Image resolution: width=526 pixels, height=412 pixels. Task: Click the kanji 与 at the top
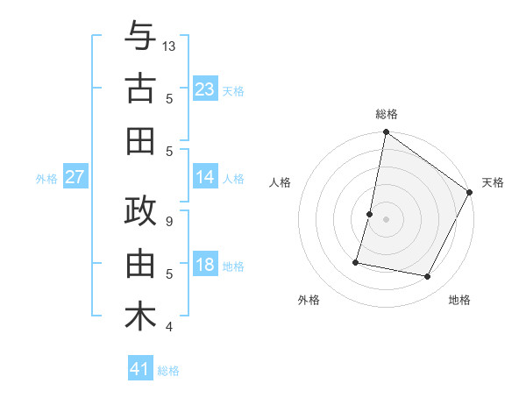[140, 36]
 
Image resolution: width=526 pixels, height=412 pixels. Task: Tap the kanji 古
[140, 89]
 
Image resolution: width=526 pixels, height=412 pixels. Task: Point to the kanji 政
[140, 213]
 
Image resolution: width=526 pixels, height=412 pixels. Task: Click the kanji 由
[140, 265]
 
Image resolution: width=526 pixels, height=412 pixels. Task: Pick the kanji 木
[140, 317]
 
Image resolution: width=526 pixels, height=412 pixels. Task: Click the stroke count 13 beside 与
[169, 46]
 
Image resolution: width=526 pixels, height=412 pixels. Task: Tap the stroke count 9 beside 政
[169, 222]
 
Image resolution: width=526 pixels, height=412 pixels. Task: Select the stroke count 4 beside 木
[169, 327]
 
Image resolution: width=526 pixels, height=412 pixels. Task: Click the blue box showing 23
[204, 89]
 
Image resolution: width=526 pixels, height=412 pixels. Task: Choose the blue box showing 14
[204, 177]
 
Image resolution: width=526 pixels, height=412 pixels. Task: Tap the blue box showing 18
[204, 266]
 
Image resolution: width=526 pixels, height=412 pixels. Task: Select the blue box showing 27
[75, 177]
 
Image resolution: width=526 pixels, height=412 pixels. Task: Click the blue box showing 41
[139, 369]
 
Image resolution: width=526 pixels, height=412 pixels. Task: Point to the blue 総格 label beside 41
[168, 371]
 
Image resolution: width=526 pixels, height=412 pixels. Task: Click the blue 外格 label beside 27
[46, 179]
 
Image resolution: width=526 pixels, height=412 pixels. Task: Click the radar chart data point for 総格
[386, 133]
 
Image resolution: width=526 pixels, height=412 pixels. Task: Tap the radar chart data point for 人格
[370, 214]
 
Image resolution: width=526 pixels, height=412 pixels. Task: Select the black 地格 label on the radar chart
[459, 301]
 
